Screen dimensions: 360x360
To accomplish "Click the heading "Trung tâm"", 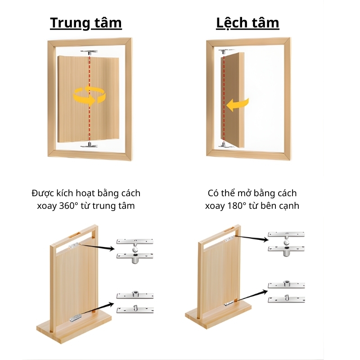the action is [x=86, y=23].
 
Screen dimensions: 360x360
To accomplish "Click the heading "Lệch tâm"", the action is [x=247, y=23].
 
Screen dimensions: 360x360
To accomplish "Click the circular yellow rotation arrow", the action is [x=89, y=96].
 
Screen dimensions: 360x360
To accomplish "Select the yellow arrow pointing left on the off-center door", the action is [x=238, y=105].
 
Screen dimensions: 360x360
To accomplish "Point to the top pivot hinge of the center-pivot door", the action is [x=89, y=53].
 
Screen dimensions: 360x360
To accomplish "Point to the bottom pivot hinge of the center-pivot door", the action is [x=89, y=145].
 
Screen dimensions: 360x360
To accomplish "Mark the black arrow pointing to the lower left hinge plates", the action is [x=98, y=308].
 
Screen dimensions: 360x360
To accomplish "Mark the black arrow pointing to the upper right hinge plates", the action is [x=252, y=238].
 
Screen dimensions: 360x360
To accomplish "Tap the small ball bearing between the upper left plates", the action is [x=135, y=250].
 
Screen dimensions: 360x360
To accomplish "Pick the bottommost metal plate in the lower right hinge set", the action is [x=286, y=299].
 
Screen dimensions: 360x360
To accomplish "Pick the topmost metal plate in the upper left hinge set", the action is [x=135, y=242].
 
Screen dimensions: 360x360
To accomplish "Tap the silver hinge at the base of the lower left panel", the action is [x=76, y=318].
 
